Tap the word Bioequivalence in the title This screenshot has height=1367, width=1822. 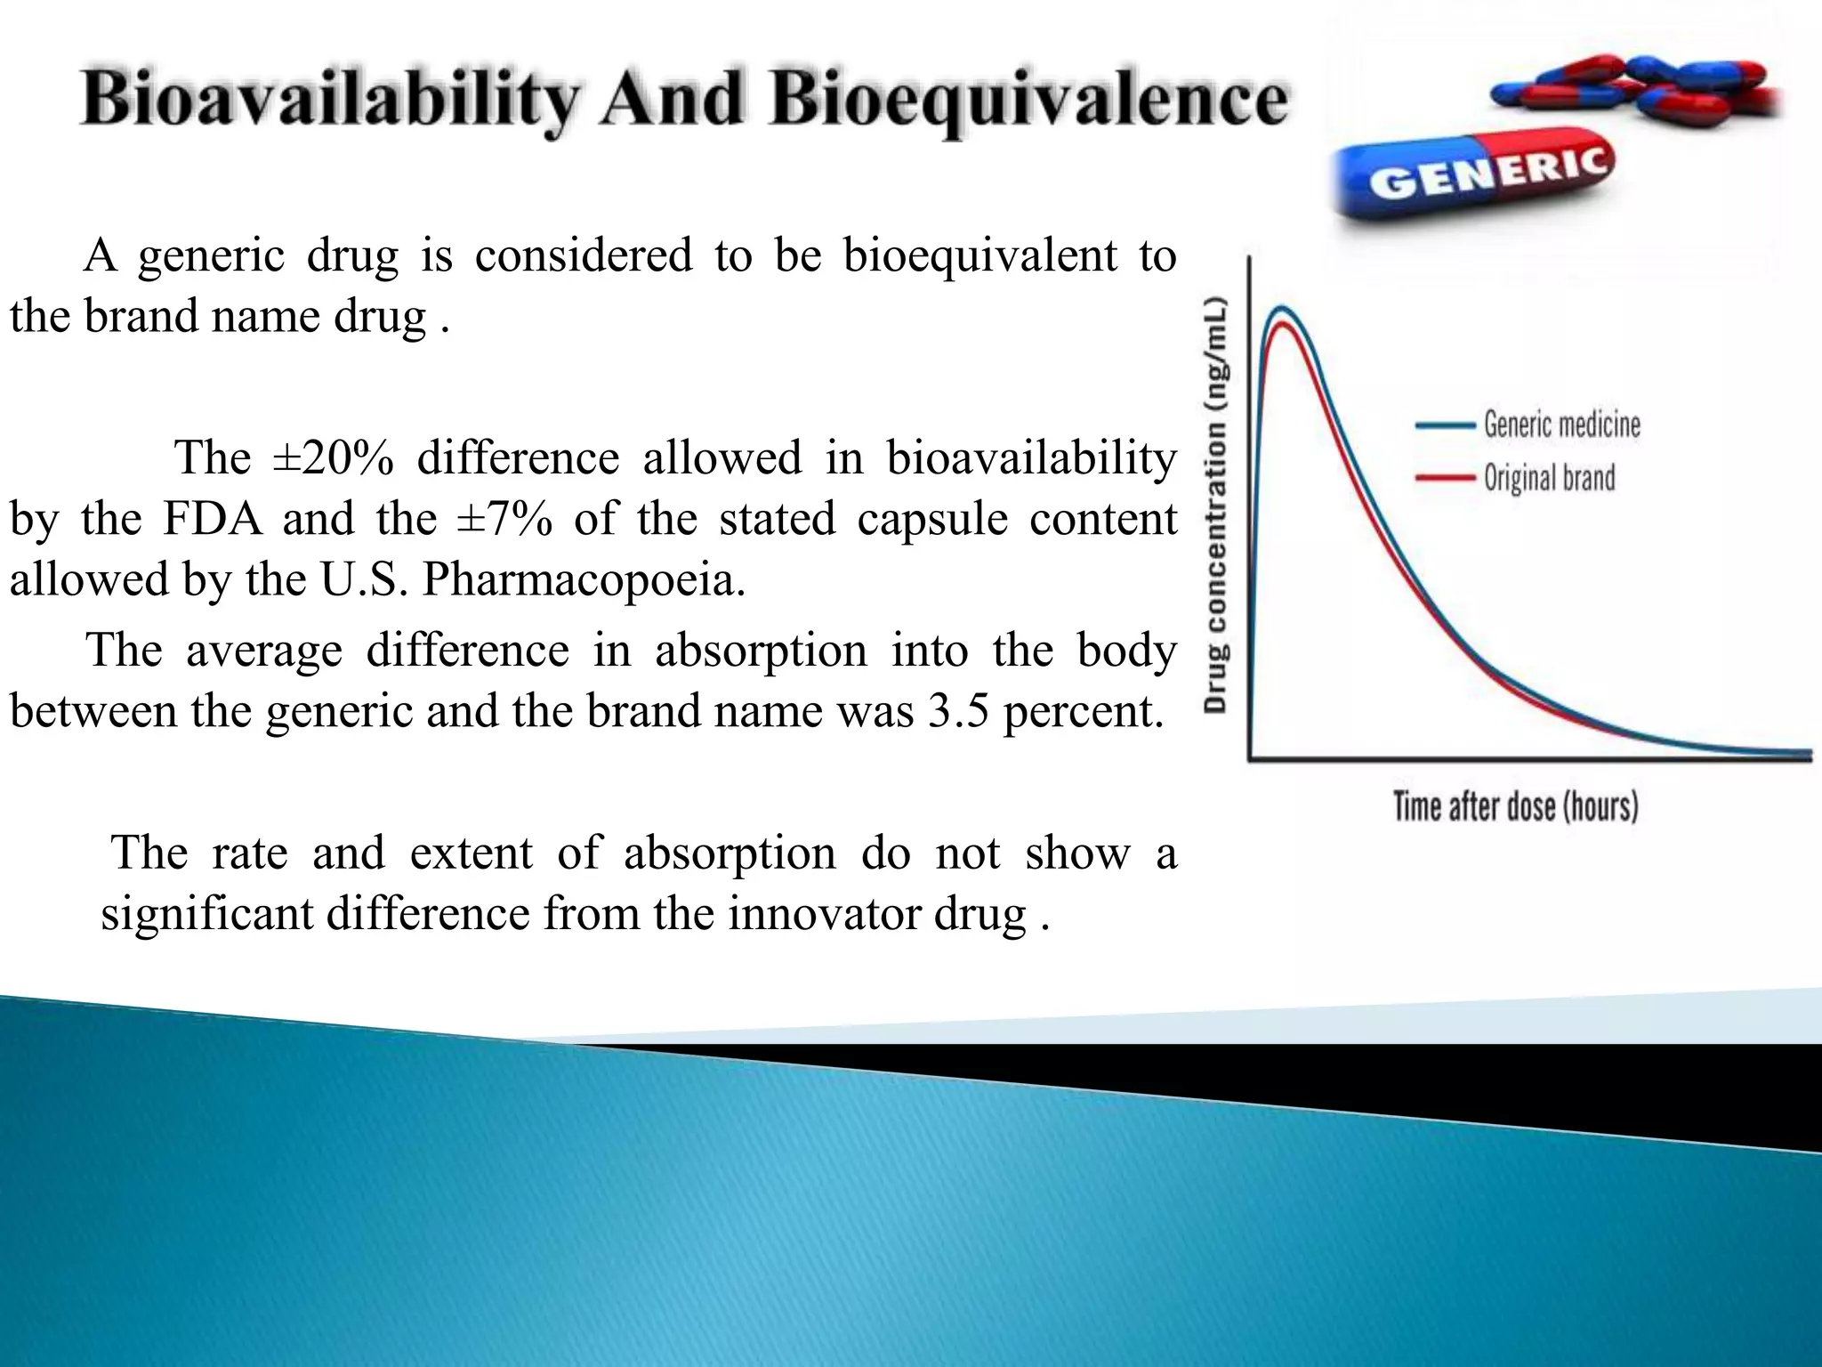tap(1028, 100)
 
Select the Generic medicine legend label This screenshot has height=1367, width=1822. tap(1561, 425)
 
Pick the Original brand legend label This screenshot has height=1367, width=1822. tap(1549, 478)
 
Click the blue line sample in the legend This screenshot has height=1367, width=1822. tap(1444, 425)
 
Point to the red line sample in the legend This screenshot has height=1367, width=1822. tap(1444, 478)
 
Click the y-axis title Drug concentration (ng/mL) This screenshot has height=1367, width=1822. tap(1216, 504)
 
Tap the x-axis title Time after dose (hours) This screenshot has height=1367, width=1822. tap(1515, 806)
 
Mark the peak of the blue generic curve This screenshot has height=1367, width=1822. tap(1281, 308)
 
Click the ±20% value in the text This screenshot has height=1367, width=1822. tap(333, 458)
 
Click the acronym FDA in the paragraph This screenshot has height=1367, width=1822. tap(213, 519)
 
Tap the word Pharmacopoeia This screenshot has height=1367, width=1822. tap(583, 579)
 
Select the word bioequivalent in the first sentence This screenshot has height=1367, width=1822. tap(980, 256)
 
